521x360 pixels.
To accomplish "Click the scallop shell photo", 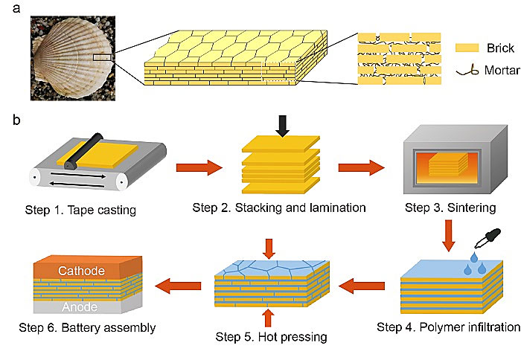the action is click(73, 58).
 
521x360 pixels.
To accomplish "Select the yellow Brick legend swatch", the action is click(467, 48).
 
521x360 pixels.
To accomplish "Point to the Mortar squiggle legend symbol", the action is click(467, 71).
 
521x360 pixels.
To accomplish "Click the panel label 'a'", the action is click(16, 9).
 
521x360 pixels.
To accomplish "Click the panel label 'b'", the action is click(16, 119).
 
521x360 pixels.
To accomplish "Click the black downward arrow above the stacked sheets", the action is click(282, 126).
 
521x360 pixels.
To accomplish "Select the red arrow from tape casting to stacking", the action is click(199, 167).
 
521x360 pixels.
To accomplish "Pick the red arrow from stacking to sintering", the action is click(361, 167).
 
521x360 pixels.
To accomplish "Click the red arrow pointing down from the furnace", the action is click(449, 236).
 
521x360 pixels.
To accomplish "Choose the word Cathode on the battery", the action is click(81, 271).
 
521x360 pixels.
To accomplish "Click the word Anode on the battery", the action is click(80, 307).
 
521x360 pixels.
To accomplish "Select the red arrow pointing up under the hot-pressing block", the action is click(269, 318).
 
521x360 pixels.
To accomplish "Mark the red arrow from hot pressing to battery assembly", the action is click(178, 286).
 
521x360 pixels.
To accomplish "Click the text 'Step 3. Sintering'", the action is click(450, 208).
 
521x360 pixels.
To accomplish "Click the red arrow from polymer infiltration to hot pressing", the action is click(362, 286).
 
